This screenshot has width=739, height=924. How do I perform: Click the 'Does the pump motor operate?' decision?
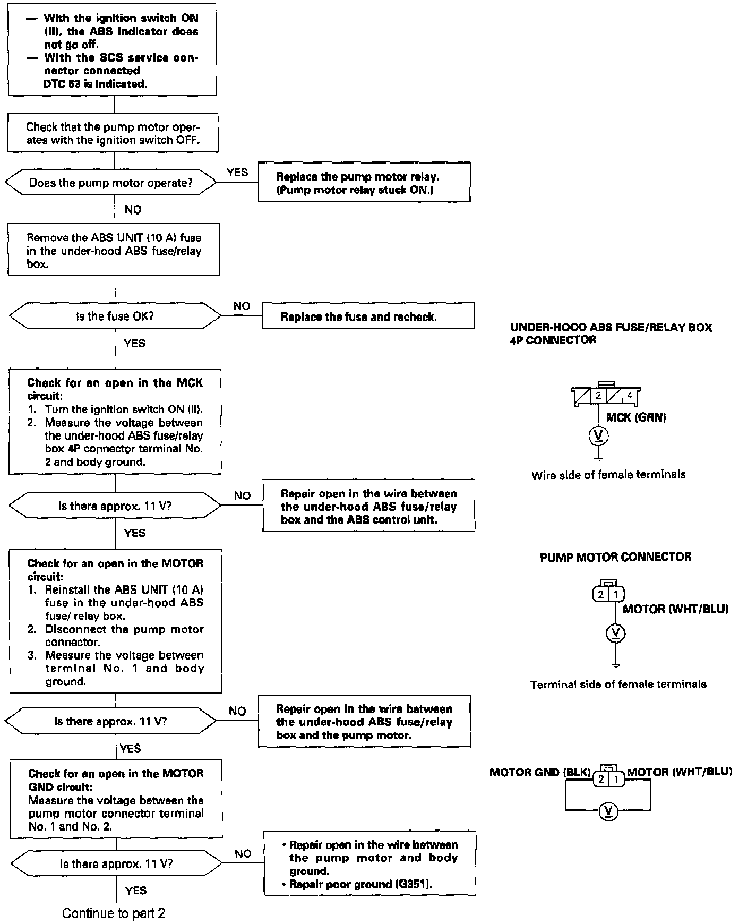point(111,183)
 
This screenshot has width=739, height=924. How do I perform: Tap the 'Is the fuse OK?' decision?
point(115,316)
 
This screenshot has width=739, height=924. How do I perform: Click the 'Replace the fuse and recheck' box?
point(368,316)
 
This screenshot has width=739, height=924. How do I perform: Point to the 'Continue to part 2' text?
point(114,913)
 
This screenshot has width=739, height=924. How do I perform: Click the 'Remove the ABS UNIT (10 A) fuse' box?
point(114,250)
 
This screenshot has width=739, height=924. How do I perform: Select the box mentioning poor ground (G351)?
point(369,863)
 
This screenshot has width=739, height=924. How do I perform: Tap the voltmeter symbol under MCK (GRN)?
point(598,436)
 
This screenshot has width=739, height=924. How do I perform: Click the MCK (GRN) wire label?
point(635,417)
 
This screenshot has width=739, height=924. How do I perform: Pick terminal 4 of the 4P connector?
point(630,396)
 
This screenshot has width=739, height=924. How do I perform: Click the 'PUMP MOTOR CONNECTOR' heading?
point(615,557)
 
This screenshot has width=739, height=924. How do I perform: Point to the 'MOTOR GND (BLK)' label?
point(539,772)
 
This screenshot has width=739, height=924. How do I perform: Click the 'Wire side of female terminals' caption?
point(608,475)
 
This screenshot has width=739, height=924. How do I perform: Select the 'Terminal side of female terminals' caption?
point(618,685)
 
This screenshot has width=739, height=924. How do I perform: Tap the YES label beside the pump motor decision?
point(237,172)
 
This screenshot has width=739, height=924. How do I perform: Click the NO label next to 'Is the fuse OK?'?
point(242,306)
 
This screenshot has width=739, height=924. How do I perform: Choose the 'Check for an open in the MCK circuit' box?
point(115,422)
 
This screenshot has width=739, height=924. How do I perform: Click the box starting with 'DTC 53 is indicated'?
point(112,50)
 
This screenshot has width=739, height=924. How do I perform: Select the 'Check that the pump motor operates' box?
point(113,133)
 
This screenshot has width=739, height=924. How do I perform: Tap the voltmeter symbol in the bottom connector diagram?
point(608,811)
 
